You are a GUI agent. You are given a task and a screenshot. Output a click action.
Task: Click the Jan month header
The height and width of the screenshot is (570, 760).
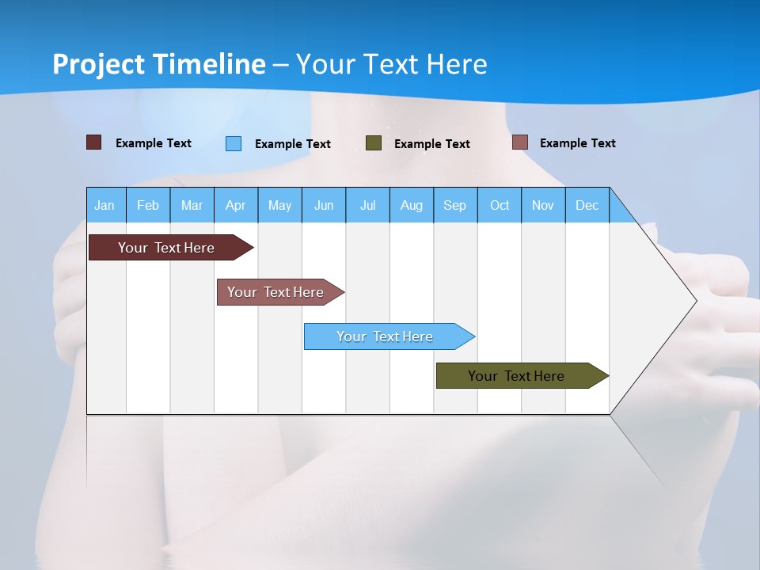pyautogui.click(x=104, y=205)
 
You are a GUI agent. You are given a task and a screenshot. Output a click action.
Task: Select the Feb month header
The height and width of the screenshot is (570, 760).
pyautogui.click(x=148, y=205)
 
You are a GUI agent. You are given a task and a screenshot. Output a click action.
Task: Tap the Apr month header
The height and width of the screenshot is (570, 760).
pyautogui.click(x=235, y=205)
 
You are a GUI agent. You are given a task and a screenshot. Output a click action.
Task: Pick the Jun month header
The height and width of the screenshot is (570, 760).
pyautogui.click(x=324, y=205)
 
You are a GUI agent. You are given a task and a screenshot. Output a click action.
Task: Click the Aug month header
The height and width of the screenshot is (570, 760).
pyautogui.click(x=411, y=205)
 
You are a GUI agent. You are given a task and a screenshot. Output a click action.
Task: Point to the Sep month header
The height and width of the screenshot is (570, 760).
pyautogui.click(x=454, y=205)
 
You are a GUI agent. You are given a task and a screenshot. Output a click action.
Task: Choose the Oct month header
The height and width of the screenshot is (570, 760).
pyautogui.click(x=500, y=205)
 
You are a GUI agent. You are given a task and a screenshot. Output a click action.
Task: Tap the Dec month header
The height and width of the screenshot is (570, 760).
pyautogui.click(x=587, y=205)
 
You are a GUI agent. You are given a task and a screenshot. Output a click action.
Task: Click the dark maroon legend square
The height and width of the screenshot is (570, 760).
pyautogui.click(x=93, y=142)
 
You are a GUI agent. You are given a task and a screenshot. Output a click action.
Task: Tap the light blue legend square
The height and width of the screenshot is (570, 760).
pyautogui.click(x=233, y=143)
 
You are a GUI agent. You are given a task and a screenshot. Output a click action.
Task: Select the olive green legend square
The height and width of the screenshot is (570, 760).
pyautogui.click(x=373, y=143)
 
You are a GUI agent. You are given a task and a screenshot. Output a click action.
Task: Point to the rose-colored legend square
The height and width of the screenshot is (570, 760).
pyautogui.click(x=519, y=142)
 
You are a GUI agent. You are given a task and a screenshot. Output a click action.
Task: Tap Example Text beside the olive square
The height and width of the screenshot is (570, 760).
pyautogui.click(x=431, y=144)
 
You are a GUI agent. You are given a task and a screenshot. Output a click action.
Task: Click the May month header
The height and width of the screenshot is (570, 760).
pyautogui.click(x=279, y=205)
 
